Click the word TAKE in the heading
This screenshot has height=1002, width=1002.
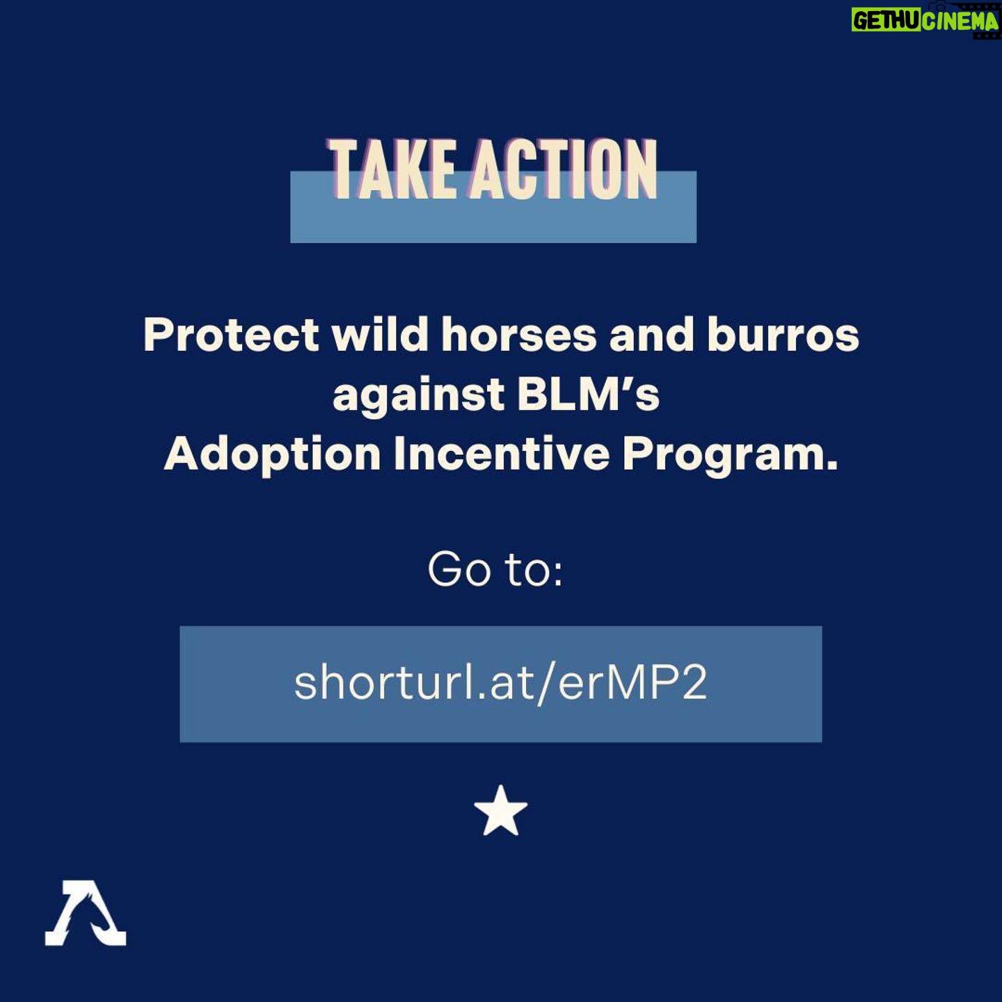pos(390,170)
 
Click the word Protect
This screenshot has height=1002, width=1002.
pos(231,335)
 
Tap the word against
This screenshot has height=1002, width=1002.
pos(419,395)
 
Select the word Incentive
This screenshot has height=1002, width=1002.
pos(502,454)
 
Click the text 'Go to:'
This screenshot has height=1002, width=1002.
pos(495,569)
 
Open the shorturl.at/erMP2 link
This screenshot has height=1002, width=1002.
pos(501,683)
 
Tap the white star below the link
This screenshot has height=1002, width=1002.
pos(501,811)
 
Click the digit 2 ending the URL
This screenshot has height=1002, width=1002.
pos(694,683)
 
